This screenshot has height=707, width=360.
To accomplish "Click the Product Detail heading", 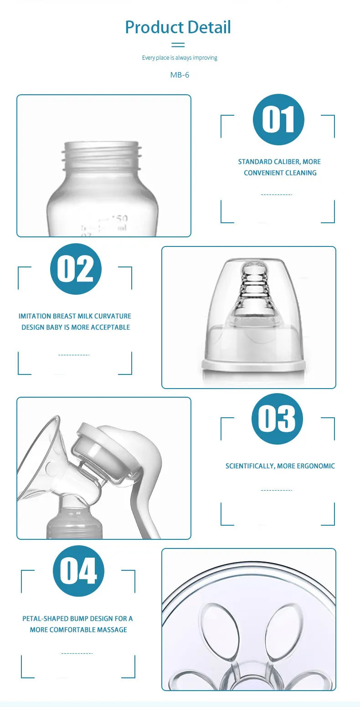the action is [x=178, y=27].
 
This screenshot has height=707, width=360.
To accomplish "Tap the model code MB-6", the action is [x=180, y=75].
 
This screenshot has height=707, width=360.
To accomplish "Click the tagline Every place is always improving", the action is [x=180, y=58].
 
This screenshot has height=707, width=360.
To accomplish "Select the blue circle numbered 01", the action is [x=278, y=120].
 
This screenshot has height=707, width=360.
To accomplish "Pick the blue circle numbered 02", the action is [x=76, y=269].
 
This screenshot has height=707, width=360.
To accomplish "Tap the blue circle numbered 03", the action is [x=277, y=419].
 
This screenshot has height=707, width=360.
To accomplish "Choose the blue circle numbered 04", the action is [x=78, y=571].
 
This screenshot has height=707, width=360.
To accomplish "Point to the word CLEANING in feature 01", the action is [x=301, y=173].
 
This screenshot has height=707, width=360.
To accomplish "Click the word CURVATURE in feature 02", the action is [x=113, y=316].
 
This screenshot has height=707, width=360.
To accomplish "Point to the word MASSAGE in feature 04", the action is [x=112, y=630].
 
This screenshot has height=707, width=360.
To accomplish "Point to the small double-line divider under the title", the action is [x=178, y=45].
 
